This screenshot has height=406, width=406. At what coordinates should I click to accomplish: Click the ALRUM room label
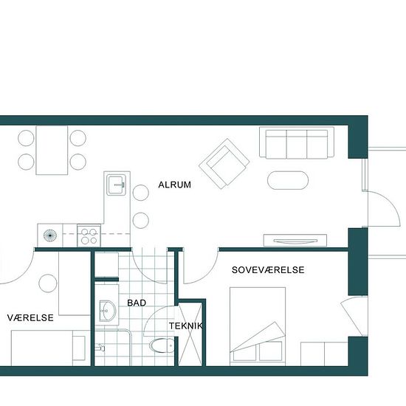174,185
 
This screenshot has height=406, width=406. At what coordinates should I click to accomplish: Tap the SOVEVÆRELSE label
268,270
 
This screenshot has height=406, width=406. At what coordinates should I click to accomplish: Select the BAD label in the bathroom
137,303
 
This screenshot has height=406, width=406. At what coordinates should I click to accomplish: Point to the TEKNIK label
186,326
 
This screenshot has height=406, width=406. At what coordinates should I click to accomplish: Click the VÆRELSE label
30,317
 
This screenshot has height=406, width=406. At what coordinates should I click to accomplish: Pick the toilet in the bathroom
162,345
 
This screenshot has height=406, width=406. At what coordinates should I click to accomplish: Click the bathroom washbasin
108,311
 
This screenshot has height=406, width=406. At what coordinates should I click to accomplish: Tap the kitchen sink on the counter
117,185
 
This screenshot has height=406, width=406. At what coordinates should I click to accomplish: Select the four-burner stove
89,235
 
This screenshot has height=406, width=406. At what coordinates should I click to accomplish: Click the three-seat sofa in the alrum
297,142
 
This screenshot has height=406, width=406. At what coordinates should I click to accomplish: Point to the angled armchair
224,164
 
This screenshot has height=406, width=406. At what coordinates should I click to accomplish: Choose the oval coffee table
288,180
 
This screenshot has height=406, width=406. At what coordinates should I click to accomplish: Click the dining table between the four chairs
52,150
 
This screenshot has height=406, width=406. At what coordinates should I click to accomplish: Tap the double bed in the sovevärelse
258,326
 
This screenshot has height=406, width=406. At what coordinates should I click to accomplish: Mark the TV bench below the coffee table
295,241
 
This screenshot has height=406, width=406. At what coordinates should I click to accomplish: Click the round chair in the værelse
48,283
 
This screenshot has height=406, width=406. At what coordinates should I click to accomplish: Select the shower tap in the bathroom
100,348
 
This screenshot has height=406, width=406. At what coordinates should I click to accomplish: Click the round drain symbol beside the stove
50,235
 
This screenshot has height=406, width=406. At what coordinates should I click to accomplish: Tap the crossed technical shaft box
190,334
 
